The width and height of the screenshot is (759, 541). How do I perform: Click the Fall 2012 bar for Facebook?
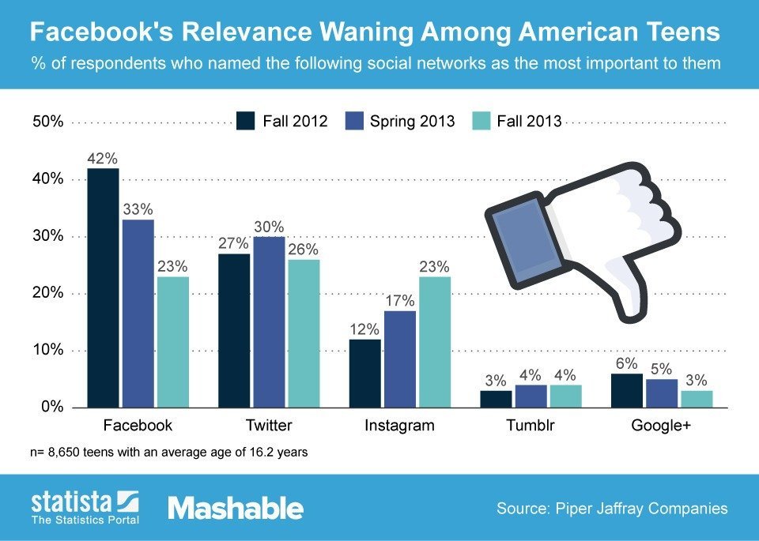point(103,288)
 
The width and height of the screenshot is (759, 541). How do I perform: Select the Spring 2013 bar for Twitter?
point(269,322)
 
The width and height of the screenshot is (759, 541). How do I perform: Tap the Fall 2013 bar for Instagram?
point(435,342)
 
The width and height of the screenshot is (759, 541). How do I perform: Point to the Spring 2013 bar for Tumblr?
point(530,396)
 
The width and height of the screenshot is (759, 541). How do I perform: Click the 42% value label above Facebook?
point(103,158)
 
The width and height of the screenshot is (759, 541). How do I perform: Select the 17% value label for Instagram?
point(398,300)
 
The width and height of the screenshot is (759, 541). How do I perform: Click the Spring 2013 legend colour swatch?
point(354,121)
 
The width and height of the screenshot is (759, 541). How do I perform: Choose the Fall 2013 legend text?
point(529,121)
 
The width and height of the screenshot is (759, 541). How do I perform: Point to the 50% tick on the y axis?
point(47,122)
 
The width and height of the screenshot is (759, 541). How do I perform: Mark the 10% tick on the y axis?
point(47,351)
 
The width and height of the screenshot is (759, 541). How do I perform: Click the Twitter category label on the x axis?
point(269,426)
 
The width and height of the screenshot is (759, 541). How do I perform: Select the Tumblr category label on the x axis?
point(530,426)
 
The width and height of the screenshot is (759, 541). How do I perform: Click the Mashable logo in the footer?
point(236,508)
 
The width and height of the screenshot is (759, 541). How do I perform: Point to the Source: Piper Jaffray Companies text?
point(612,509)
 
